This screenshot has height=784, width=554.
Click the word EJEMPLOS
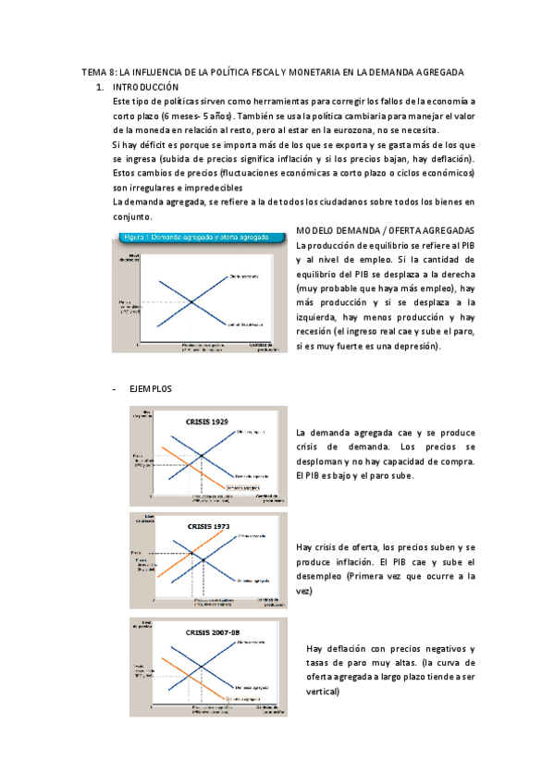tap(150, 388)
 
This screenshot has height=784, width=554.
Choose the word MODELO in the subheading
tap(317, 229)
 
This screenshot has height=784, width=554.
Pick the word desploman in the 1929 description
tap(322, 461)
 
